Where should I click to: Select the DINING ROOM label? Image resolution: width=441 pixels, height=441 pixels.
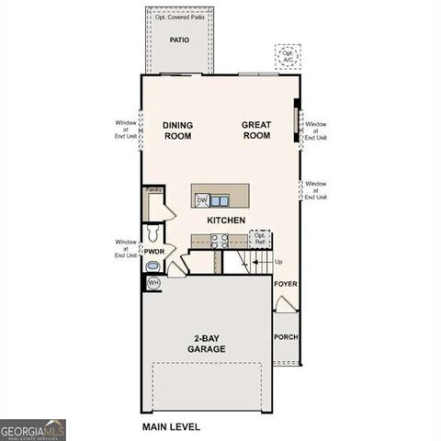(x=177, y=130)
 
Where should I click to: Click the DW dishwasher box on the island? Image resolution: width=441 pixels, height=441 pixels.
(x=201, y=200)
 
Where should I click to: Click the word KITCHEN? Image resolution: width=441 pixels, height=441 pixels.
(x=225, y=221)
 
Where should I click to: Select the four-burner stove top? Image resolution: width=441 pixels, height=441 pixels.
(x=220, y=241)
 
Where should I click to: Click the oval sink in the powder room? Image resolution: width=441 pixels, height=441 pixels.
(x=153, y=266)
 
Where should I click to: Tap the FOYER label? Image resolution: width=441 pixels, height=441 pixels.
(x=286, y=285)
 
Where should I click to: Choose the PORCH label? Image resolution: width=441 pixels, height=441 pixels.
(x=286, y=337)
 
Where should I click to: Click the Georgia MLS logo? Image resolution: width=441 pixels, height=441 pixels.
(x=32, y=429)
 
